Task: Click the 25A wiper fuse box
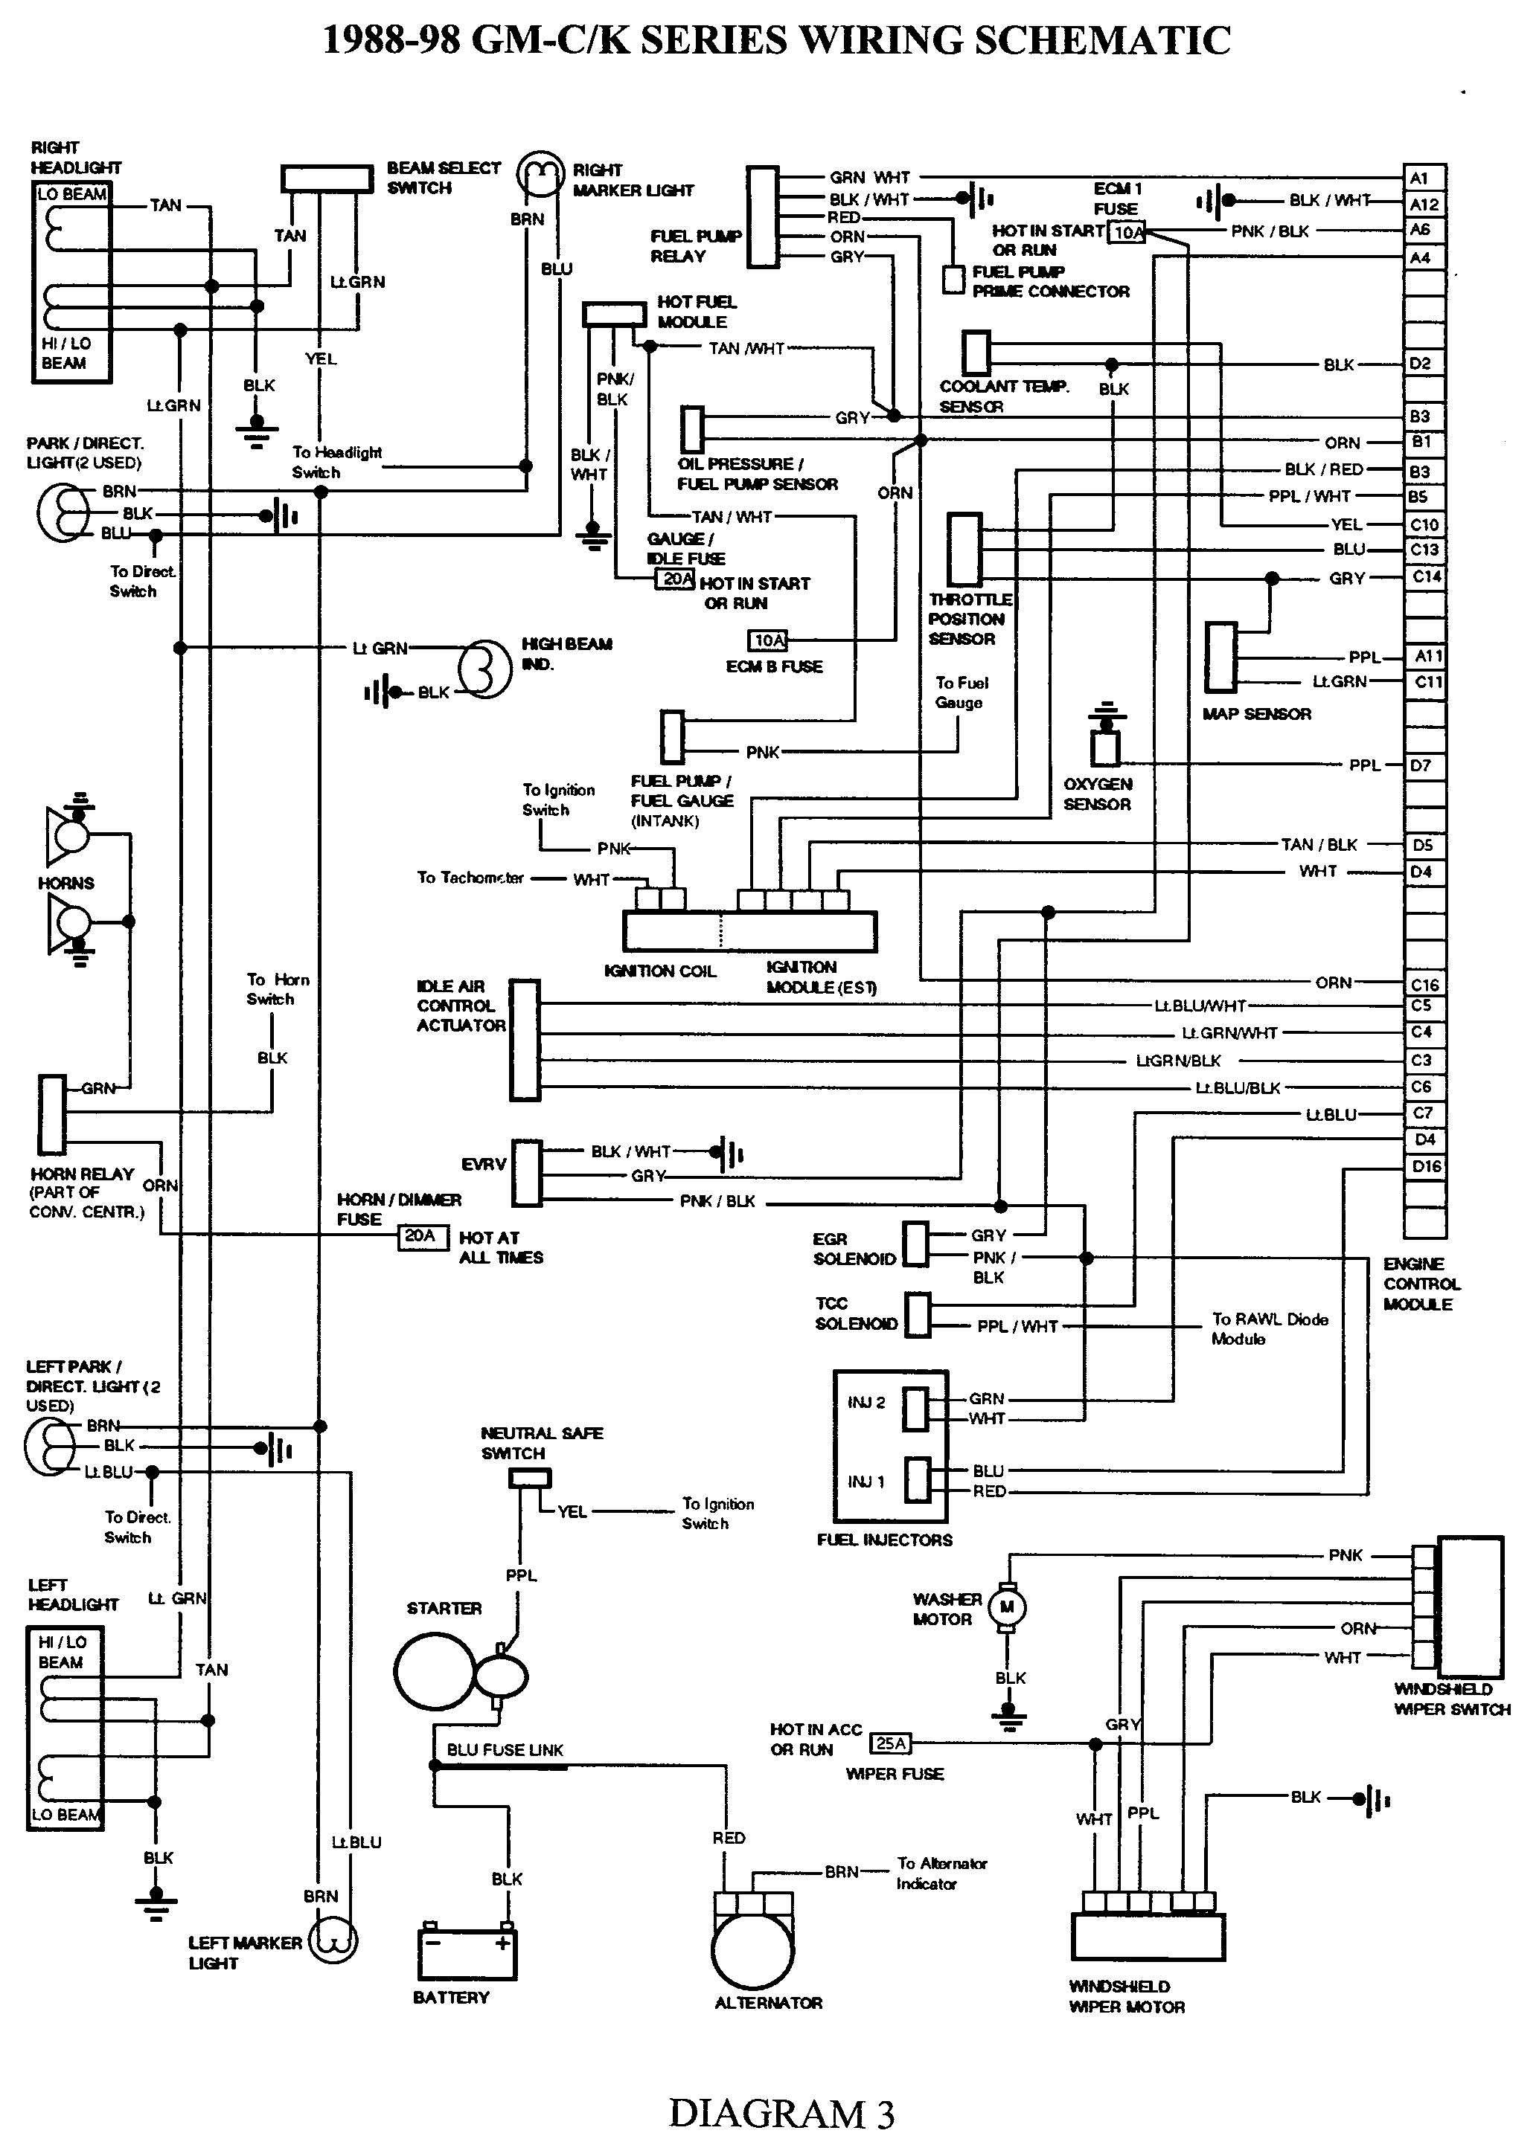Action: click(891, 1743)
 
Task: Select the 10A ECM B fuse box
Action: click(769, 641)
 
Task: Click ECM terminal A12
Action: click(1424, 204)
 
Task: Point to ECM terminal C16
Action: click(1424, 984)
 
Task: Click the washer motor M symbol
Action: click(1007, 1607)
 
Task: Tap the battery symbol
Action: click(467, 1954)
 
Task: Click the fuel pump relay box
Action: click(762, 217)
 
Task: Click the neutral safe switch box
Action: click(529, 1479)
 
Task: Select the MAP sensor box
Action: click(1220, 657)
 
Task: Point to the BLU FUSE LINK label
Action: click(505, 1750)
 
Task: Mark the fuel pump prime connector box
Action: click(953, 280)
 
